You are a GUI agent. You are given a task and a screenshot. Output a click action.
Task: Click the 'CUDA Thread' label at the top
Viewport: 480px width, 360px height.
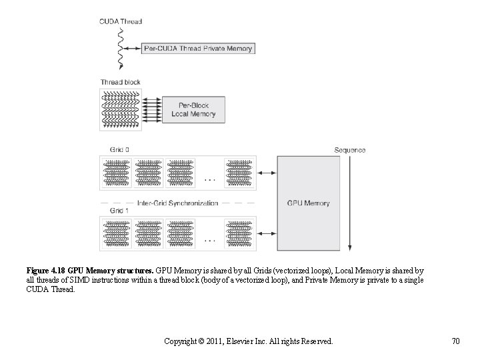[x=120, y=21]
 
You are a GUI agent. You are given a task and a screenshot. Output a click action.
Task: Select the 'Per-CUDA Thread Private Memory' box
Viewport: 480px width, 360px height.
[x=199, y=48]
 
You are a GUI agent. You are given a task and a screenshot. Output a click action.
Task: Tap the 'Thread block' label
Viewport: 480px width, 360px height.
[x=120, y=82]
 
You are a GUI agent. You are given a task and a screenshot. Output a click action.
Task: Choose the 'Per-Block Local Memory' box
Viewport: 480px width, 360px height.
[x=193, y=109]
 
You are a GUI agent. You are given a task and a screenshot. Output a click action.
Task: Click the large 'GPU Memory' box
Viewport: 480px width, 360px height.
[x=307, y=203]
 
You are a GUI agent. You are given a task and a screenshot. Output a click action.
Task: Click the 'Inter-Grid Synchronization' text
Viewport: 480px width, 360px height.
[x=177, y=203]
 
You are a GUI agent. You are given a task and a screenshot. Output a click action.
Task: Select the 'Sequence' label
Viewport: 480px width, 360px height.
[x=350, y=150]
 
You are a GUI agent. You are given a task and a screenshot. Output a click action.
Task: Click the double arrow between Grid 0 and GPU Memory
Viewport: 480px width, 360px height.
[x=267, y=173]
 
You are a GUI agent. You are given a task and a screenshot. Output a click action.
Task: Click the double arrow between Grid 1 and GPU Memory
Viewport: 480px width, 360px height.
[x=267, y=233]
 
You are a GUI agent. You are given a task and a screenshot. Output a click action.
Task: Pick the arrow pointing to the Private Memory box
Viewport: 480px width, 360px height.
[x=133, y=48]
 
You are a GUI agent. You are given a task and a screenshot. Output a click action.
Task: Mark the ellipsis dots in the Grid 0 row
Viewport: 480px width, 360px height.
[x=209, y=179]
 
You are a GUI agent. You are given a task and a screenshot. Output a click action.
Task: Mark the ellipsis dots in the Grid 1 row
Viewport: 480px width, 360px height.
[x=209, y=239]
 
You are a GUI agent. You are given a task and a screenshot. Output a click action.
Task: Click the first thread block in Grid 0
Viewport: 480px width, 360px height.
[x=117, y=172]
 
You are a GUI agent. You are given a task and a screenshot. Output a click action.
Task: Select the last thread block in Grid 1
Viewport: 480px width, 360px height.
[x=239, y=233]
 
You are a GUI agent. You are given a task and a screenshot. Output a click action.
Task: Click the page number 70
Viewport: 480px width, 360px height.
[x=455, y=341]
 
